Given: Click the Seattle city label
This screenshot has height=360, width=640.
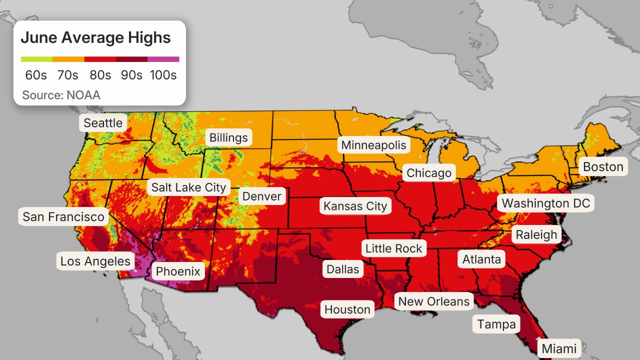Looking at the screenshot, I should click(103, 123).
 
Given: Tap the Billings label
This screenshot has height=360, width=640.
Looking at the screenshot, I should click(228, 137).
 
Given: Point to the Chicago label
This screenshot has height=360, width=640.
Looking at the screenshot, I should click(429, 173).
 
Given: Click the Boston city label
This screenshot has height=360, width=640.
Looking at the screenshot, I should click(603, 166).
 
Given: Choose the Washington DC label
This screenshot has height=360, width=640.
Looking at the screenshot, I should click(546, 203).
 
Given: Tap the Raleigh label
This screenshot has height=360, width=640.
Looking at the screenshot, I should click(536, 234).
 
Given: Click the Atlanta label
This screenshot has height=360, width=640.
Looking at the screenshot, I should click(481, 259).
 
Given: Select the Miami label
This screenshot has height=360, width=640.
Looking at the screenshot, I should click(559, 348).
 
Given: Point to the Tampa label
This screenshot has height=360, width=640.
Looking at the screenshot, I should click(496, 324).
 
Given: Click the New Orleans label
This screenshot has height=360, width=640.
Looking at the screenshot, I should click(434, 301).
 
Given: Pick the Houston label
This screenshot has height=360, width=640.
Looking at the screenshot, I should click(347, 309).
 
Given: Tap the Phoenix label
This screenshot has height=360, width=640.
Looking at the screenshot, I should click(178, 271).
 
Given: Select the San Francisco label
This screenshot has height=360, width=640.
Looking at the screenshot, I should click(63, 216).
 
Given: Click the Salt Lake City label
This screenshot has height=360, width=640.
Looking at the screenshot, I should click(189, 187).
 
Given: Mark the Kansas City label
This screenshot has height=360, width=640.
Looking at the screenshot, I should click(355, 206).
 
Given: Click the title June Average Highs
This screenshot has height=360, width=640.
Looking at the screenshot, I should click(95, 37).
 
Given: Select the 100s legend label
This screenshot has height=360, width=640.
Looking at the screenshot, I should click(163, 75).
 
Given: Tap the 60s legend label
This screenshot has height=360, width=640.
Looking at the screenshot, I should click(36, 75).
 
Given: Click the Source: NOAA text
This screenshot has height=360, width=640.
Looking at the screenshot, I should click(61, 95).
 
